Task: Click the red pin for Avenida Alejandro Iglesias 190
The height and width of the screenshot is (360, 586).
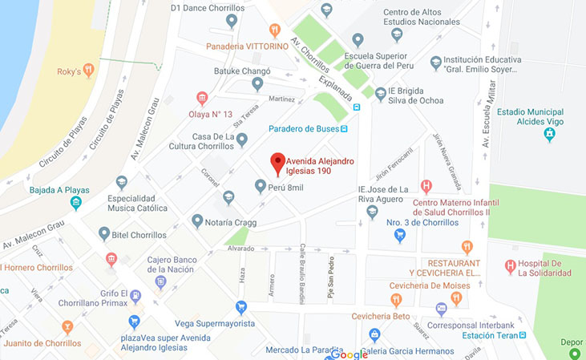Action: [x=277, y=162]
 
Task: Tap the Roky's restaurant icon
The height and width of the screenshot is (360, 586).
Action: [x=88, y=71]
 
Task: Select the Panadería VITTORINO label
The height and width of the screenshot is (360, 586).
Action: [x=246, y=47]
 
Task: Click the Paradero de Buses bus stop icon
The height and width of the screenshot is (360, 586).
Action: [x=344, y=128]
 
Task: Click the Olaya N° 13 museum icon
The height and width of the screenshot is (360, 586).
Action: [x=202, y=99]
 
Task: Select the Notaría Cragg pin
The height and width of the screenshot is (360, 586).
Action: [x=197, y=220]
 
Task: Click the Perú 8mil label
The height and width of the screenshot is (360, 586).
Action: [x=286, y=187]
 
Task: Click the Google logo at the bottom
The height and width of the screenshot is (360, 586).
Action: [x=349, y=354]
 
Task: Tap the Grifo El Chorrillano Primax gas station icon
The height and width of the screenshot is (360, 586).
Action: [x=135, y=295]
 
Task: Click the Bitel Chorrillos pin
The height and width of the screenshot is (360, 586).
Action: [x=104, y=234]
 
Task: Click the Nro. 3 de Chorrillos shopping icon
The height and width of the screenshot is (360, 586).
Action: [x=400, y=236]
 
